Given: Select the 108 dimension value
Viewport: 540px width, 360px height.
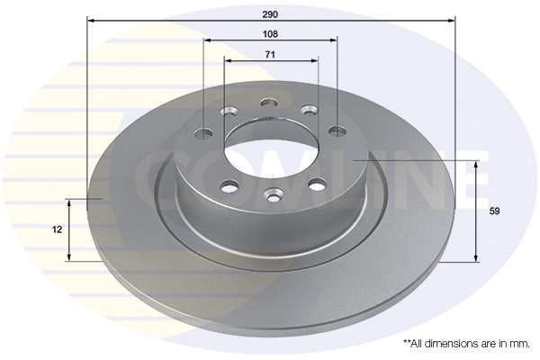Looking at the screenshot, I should click(x=270, y=33).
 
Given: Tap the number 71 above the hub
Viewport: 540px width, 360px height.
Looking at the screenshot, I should click(x=270, y=55).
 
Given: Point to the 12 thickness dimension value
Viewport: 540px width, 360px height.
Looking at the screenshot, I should click(x=58, y=229).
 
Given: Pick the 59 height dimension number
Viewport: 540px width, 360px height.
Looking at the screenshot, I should click(x=494, y=211).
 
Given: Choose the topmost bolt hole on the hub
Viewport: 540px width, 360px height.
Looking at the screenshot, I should click(x=267, y=102).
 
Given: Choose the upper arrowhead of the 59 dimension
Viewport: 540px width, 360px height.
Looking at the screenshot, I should click(x=475, y=162).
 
